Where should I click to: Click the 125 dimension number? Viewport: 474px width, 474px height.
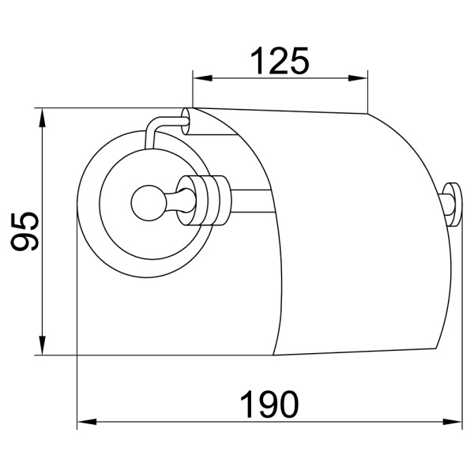point(279,61)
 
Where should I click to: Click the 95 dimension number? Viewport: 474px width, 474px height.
point(24,231)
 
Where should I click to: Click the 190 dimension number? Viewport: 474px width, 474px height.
point(269,404)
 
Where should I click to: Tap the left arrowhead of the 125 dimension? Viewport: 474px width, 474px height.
point(202,78)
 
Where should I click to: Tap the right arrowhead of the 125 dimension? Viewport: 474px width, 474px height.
point(358,78)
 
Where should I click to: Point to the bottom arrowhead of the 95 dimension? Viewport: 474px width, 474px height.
point(43,345)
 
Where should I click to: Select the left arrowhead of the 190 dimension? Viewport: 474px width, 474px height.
point(87,422)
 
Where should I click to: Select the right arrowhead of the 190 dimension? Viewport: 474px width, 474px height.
point(453,422)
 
